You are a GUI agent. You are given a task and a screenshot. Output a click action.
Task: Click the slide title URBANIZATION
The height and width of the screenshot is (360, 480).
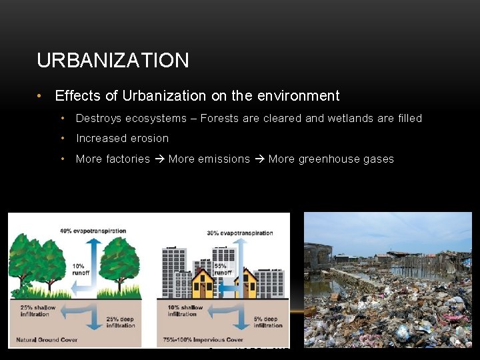113,61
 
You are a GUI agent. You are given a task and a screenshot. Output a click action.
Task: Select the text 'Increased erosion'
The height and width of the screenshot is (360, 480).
122,139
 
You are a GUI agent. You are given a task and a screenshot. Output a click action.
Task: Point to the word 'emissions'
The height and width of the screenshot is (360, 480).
223,159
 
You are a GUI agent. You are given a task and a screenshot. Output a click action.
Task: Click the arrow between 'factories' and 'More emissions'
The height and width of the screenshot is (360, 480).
159,159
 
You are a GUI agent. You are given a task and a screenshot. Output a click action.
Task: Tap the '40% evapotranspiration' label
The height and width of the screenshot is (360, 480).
93,231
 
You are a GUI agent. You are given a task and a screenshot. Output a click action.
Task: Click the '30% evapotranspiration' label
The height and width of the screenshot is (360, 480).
239,233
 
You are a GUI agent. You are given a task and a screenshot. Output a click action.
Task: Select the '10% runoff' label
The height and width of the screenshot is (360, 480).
81,269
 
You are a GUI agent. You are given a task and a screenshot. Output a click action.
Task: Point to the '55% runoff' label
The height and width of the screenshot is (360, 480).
222,269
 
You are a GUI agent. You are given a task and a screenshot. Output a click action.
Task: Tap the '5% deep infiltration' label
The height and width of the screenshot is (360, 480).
268,322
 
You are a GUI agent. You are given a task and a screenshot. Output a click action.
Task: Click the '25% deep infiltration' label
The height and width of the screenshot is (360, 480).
119,322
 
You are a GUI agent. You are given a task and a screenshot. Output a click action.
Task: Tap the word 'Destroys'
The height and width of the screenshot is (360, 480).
98,119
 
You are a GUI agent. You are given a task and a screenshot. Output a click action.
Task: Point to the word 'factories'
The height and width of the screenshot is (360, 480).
128,159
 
